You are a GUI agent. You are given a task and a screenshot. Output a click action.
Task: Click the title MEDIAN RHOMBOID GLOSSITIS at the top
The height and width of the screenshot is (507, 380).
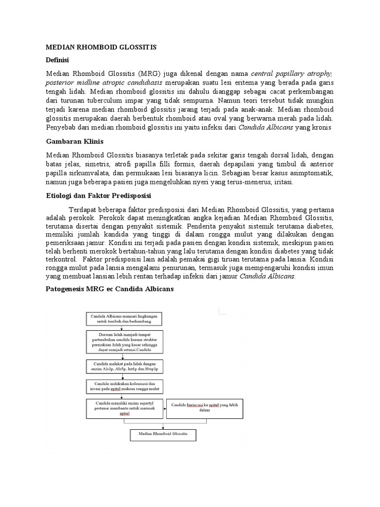pyautogui.click(x=101, y=47)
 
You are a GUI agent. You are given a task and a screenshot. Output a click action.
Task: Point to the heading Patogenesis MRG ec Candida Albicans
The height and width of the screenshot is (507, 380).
pyautogui.click(x=109, y=288)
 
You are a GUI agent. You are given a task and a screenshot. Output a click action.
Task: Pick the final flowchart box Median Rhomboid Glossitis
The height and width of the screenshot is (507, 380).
pyautogui.click(x=163, y=435)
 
